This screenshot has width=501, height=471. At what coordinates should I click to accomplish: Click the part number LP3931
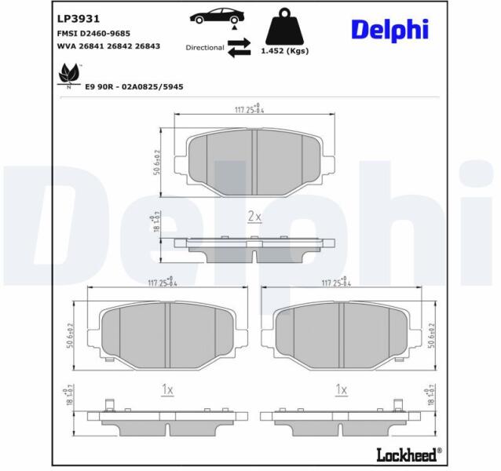(79, 19)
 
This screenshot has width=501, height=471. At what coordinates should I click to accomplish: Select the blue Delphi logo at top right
(389, 30)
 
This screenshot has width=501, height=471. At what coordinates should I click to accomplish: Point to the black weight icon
(284, 27)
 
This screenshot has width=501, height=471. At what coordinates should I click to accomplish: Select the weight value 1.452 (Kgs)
(285, 51)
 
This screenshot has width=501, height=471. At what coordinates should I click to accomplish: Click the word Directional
(205, 48)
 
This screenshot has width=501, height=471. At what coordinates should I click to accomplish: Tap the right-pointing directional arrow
(239, 42)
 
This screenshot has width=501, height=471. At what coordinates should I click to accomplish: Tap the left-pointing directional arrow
(239, 53)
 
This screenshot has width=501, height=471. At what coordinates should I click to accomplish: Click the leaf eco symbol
(68, 76)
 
